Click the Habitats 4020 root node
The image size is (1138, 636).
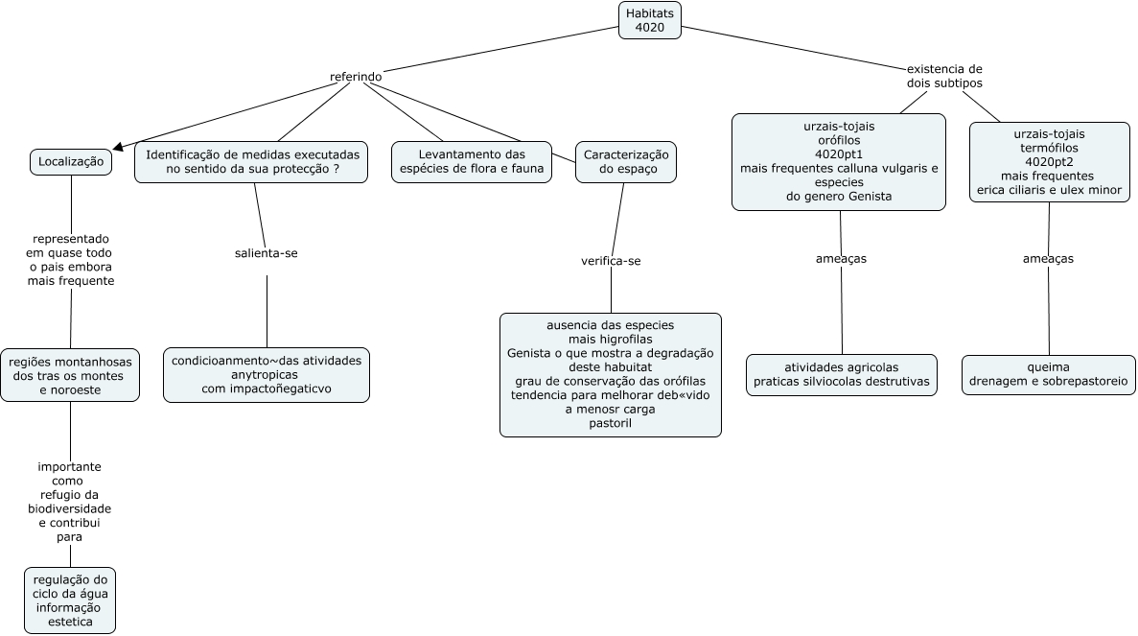[650, 20]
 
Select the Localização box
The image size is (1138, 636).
[71, 162]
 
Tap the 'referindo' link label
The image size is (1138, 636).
[356, 76]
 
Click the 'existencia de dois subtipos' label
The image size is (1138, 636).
[944, 76]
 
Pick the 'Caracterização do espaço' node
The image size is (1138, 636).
[626, 162]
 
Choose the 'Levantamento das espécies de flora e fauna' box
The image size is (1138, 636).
[472, 162]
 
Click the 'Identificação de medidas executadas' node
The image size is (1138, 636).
[251, 162]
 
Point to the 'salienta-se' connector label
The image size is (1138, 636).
[267, 253]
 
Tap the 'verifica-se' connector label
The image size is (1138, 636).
[611, 261]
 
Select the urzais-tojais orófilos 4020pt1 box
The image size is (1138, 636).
[839, 162]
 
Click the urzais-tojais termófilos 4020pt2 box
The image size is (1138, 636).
[1050, 162]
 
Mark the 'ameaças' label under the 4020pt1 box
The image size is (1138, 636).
[841, 258]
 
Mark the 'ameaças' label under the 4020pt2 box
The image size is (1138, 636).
[1048, 258]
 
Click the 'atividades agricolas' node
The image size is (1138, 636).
[842, 375]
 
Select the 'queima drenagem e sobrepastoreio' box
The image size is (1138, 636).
[1049, 375]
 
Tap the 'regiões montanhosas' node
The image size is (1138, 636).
[70, 375]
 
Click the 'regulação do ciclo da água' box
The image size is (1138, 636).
[70, 601]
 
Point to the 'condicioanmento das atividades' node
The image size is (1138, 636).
[267, 375]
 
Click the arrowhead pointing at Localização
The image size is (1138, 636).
[118, 146]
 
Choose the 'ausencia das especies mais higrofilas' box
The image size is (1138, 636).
[611, 375]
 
